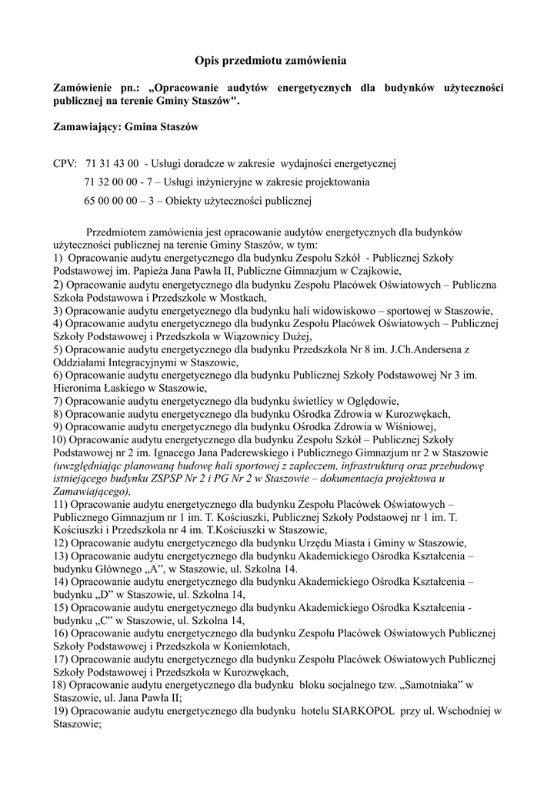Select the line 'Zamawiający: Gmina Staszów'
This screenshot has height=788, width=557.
[126, 128]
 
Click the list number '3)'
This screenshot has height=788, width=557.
[58, 310]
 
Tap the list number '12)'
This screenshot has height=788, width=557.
[62, 542]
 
